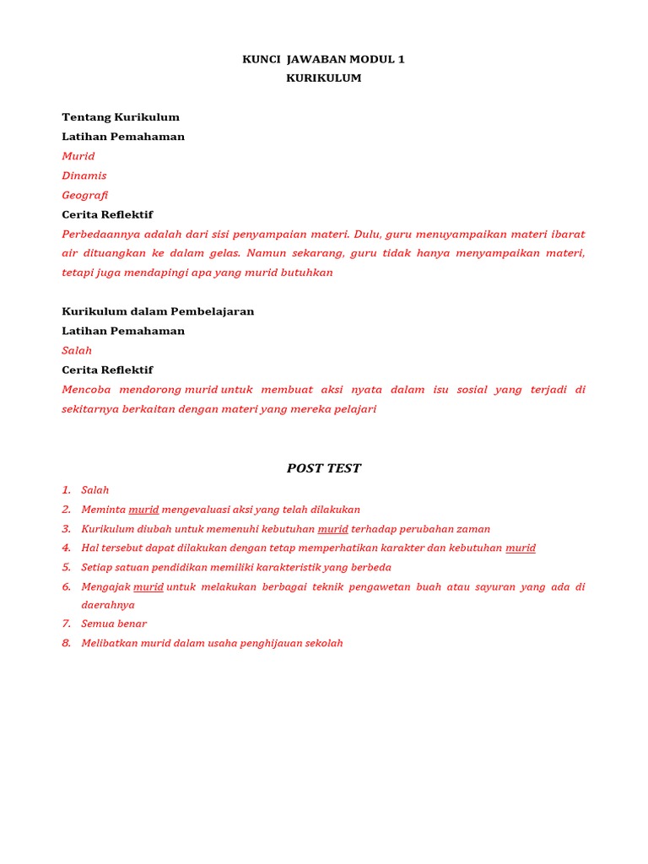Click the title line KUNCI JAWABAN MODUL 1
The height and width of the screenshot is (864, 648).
[x=323, y=59]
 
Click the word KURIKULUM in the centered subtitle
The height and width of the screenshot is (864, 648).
[x=323, y=78]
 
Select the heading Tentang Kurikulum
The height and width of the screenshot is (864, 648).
[x=121, y=117]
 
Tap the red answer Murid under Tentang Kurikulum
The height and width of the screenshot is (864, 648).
[x=78, y=156]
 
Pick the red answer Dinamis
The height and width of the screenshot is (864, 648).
[x=84, y=175]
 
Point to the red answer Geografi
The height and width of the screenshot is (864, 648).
[x=85, y=195]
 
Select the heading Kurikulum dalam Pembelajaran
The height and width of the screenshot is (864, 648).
[x=158, y=311]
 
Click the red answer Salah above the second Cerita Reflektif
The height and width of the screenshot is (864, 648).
[x=77, y=350]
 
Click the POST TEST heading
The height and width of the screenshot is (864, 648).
[x=323, y=468]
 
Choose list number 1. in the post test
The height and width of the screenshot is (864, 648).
[x=67, y=490]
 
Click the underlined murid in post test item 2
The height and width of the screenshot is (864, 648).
[x=143, y=510]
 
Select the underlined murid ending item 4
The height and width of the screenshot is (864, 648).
[x=521, y=548]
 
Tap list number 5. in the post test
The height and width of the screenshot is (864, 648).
[x=67, y=568]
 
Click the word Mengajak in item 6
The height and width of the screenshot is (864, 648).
[x=105, y=587]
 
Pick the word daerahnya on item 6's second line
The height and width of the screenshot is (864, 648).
[x=108, y=605]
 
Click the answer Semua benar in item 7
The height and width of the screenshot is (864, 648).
[x=114, y=624]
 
